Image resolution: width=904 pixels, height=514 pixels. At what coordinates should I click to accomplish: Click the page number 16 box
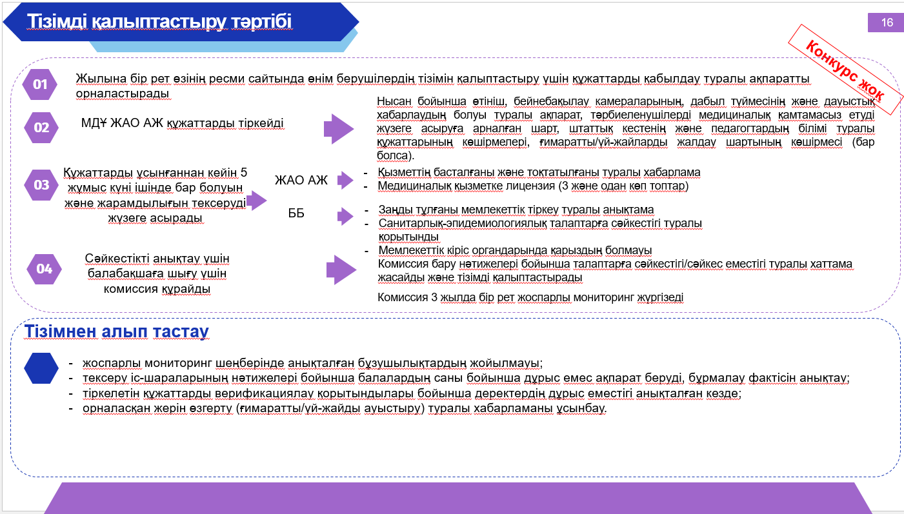pos(885,22)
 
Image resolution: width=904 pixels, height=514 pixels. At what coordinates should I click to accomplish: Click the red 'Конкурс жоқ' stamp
pos(845,70)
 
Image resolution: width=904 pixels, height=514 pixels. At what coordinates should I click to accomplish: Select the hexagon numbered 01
pos(39,84)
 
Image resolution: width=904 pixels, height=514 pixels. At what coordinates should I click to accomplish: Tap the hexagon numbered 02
pos(41,128)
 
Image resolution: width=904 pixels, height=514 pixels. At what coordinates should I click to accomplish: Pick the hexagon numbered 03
pos(41,185)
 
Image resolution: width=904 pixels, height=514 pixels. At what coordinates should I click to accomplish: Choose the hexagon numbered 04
pos(44,269)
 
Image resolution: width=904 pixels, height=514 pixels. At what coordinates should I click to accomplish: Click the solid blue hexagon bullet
pos(41,368)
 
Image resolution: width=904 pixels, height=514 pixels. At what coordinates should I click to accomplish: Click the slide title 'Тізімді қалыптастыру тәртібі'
pos(159,21)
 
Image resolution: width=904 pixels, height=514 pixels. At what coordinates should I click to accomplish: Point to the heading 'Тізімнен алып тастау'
pos(116,331)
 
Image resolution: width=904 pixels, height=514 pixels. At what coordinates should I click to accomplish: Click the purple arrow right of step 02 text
pos(339,129)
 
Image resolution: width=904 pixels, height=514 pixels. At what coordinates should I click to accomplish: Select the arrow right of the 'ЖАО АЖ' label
pos(345,180)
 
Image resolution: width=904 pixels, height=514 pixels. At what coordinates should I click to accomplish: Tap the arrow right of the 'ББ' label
pos(345,216)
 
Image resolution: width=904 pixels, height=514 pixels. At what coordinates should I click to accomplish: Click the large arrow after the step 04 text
pos(341,270)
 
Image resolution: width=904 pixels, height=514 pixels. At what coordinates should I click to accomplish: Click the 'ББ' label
pos(296,213)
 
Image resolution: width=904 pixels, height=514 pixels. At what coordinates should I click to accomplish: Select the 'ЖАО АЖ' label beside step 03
pos(301,180)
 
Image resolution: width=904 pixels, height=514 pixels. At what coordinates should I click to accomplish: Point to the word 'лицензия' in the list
pos(530,186)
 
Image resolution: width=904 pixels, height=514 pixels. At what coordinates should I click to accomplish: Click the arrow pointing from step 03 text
pos(257,201)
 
